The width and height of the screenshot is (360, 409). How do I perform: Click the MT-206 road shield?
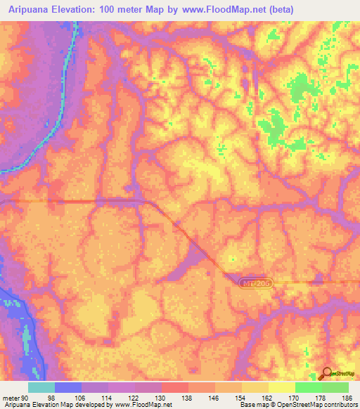(255, 283)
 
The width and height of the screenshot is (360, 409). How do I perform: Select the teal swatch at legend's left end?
(41, 387)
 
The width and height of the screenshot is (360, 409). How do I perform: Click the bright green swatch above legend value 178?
(309, 387)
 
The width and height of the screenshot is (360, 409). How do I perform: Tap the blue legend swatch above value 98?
(68, 387)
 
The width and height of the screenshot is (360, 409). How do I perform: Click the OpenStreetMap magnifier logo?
(328, 373)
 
